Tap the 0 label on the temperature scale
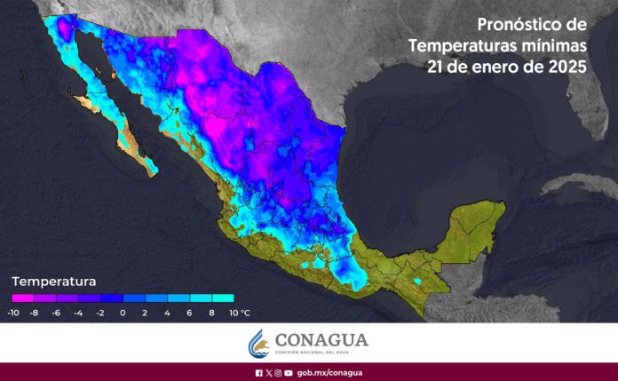(x=123, y=314)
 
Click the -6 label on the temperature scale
(x=56, y=314)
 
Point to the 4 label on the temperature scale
(x=167, y=314)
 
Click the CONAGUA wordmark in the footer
(x=321, y=339)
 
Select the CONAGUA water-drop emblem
(x=257, y=342)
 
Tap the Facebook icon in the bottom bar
(x=258, y=373)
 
